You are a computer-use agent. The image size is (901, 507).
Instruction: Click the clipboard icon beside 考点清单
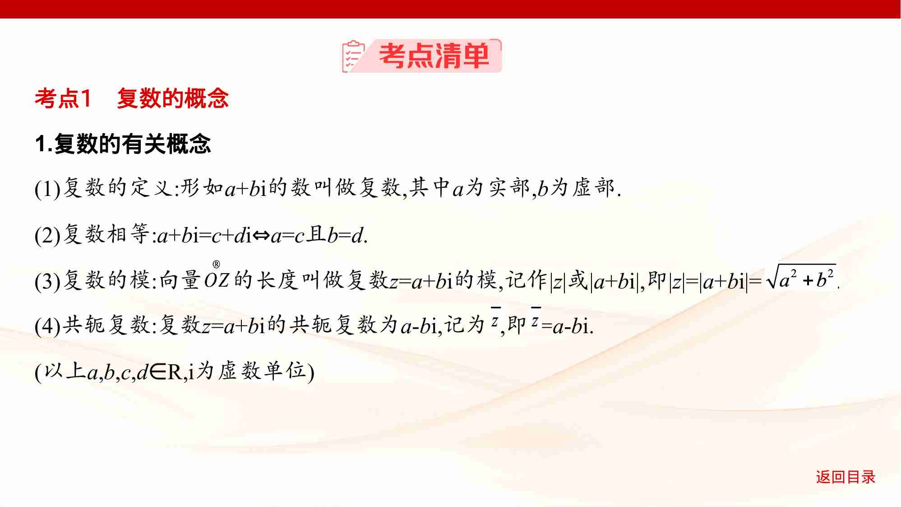click(353, 56)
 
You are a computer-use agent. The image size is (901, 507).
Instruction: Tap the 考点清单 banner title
click(434, 56)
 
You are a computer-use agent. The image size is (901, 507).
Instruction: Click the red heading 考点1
click(63, 98)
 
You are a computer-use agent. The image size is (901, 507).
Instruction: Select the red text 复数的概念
click(173, 98)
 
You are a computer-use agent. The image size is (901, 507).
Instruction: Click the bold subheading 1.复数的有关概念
click(123, 144)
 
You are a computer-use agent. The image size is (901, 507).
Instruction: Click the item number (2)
click(47, 235)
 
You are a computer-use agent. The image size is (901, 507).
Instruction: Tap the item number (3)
click(47, 281)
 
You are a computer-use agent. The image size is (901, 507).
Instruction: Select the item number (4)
click(47, 326)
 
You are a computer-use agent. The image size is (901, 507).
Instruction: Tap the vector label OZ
click(217, 281)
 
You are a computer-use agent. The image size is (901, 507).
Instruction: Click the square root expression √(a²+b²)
click(801, 277)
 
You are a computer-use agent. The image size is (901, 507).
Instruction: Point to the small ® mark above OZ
click(216, 265)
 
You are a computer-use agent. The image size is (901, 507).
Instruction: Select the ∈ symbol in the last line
click(157, 372)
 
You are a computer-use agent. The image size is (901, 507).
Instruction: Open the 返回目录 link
click(846, 477)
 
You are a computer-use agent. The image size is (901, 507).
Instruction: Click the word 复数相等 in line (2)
click(106, 234)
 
